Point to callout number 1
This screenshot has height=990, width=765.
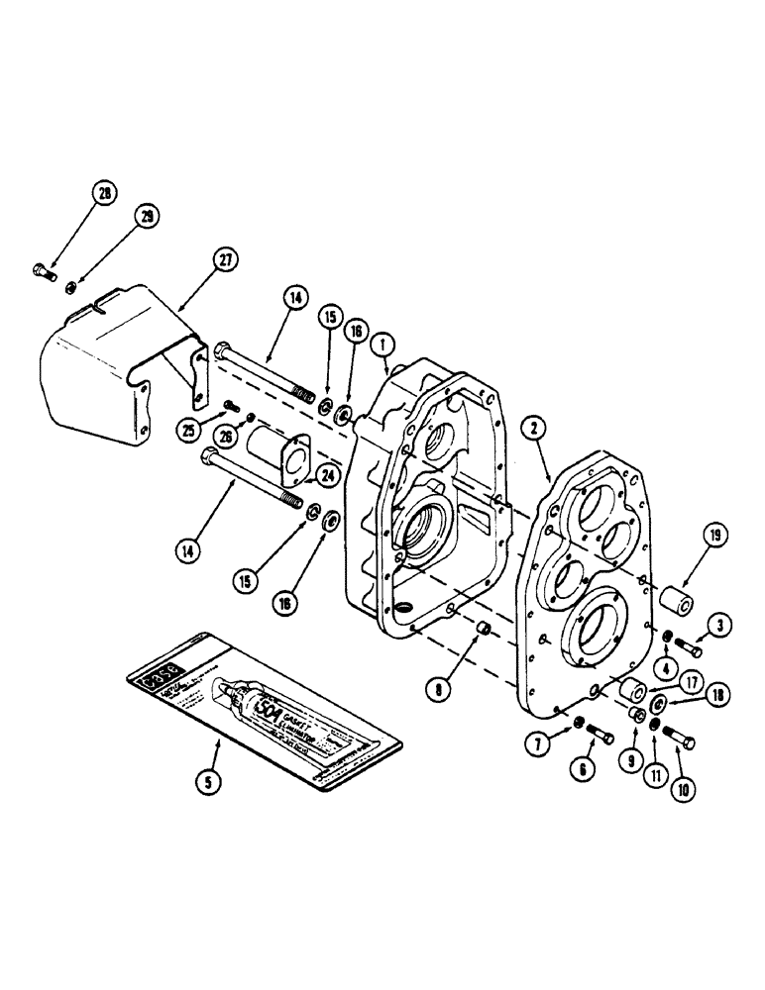click(382, 344)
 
